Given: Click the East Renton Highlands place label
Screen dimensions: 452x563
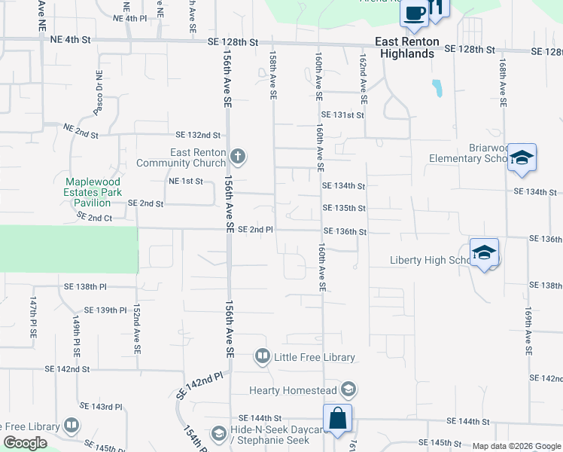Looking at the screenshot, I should pos(406,48).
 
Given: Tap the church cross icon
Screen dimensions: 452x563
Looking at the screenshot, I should pos(238,157).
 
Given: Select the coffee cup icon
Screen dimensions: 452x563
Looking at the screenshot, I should pos(415,11).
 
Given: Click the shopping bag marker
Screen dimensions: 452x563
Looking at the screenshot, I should pos(338,417).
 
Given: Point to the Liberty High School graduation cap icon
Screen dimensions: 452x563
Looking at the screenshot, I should pos(485,252).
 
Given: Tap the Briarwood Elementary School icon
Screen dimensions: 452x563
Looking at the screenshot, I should pos(522,157).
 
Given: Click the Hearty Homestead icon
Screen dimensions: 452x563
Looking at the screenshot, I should pos(348,389).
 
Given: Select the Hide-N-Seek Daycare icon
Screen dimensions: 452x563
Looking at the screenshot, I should pos(218,433).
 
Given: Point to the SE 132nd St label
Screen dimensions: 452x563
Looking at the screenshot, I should pos(197,136).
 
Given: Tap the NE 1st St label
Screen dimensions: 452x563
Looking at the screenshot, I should pos(187,182).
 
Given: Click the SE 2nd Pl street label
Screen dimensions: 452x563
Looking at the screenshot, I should pos(254,230).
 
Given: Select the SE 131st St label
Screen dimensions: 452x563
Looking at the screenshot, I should pos(342,115).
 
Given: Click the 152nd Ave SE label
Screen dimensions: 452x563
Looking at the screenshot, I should pos(136,330).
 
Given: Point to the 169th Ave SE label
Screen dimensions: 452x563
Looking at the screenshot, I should pos(529,331).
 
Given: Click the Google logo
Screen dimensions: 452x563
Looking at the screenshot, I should pos(25,443).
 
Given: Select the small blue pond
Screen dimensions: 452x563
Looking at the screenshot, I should pos(437,89).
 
